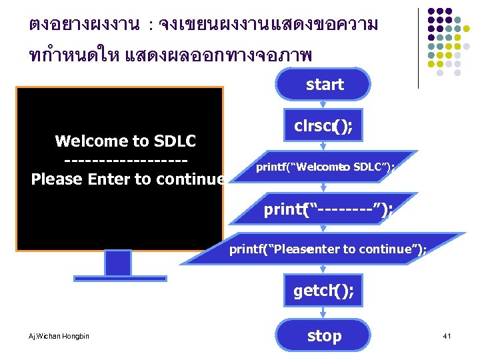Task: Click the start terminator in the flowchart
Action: click(x=324, y=85)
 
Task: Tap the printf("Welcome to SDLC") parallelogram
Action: click(x=325, y=167)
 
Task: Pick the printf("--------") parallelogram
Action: click(x=327, y=210)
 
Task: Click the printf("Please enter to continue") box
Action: click(x=328, y=249)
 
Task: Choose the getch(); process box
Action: click(x=324, y=291)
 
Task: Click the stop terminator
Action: click(x=324, y=336)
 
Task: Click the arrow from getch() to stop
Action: click(x=324, y=313)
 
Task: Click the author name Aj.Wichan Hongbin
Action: click(x=60, y=336)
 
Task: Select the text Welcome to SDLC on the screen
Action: click(x=125, y=141)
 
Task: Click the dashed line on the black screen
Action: click(x=125, y=160)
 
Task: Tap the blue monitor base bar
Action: click(x=118, y=278)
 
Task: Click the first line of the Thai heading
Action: click(x=203, y=25)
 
